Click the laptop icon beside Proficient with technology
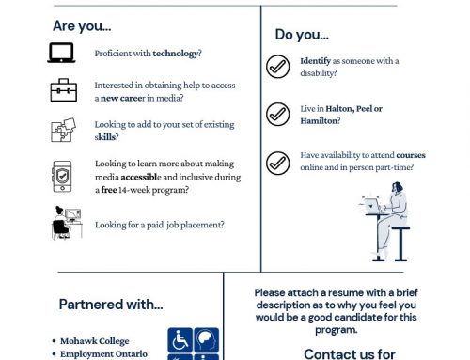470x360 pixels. [61, 53]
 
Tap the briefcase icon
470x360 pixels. [64, 90]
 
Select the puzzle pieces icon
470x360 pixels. [63, 130]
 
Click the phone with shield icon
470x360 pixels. [62, 177]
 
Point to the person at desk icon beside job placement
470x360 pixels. [67, 223]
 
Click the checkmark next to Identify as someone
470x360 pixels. [278, 67]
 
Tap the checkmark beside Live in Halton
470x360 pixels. [278, 115]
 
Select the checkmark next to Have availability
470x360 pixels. [278, 164]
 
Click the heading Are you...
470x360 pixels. [82, 26]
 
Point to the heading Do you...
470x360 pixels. [302, 35]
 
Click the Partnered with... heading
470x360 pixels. [111, 305]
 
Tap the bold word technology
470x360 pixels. [176, 54]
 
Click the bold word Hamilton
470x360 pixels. [319, 121]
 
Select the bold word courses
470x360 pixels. [411, 155]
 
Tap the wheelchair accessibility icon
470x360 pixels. [180, 340]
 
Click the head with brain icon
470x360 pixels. [207, 340]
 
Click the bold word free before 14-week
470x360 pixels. [109, 190]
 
